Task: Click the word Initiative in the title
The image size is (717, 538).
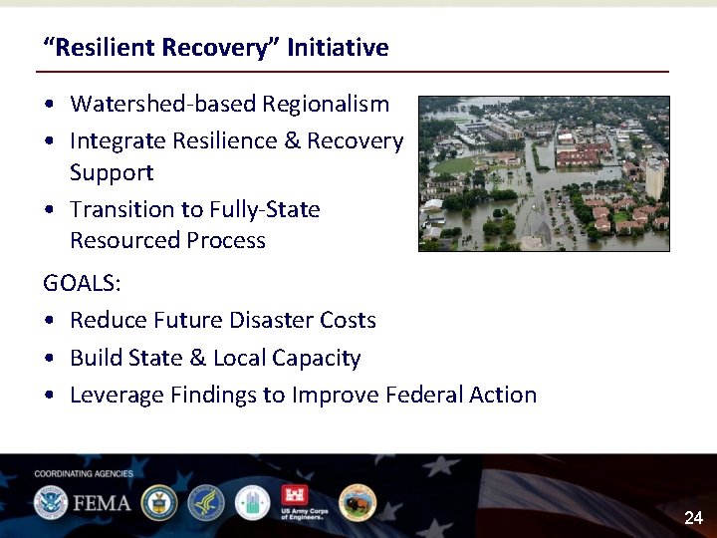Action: (338, 48)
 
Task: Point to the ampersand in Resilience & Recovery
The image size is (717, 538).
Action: (292, 141)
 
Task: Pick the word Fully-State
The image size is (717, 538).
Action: (265, 209)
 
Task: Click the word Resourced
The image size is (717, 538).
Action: (116, 241)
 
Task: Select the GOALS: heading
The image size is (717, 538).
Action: (82, 283)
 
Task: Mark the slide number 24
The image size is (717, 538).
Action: (693, 518)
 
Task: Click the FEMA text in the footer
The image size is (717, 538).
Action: (100, 502)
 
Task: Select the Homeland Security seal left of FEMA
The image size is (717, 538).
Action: (50, 502)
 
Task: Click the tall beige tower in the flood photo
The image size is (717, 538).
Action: (654, 178)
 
